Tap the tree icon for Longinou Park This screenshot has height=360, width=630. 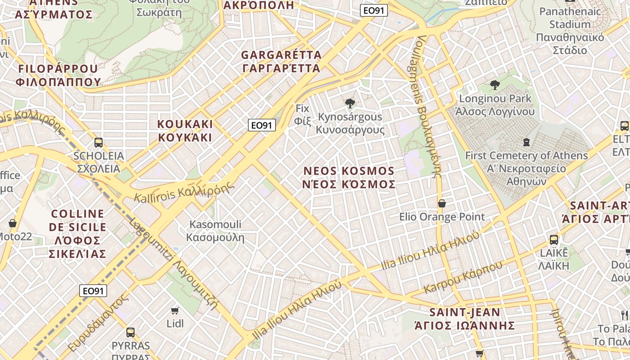point(495,85)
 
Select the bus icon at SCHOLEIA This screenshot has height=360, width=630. point(99,143)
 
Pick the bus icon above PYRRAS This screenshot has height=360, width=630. point(130,333)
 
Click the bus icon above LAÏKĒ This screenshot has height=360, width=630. point(554,240)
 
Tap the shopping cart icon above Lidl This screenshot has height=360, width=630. point(175,310)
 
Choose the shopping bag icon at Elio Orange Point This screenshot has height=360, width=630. point(442,203)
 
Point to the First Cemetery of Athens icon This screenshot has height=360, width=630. point(526,143)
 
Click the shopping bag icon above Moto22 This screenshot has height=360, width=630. point(13,223)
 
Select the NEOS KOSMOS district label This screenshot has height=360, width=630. point(349,178)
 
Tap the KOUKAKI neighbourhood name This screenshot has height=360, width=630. point(185,130)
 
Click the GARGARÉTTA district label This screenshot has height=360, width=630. point(281,62)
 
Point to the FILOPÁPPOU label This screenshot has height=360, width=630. point(58,75)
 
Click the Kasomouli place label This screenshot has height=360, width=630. point(215,230)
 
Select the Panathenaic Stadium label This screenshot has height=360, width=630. point(570,31)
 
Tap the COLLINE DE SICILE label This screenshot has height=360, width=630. point(77,234)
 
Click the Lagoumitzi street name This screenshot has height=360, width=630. point(173,264)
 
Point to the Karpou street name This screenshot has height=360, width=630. point(463,277)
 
